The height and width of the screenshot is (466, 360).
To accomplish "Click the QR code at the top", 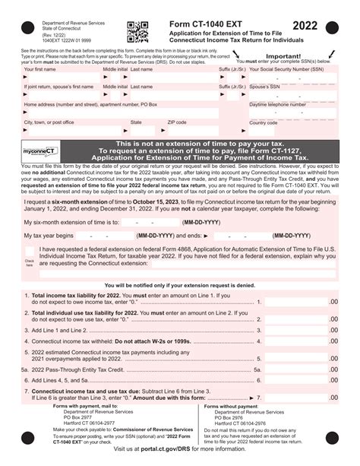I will (137, 31).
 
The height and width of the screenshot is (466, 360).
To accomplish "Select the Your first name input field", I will (51, 78).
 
